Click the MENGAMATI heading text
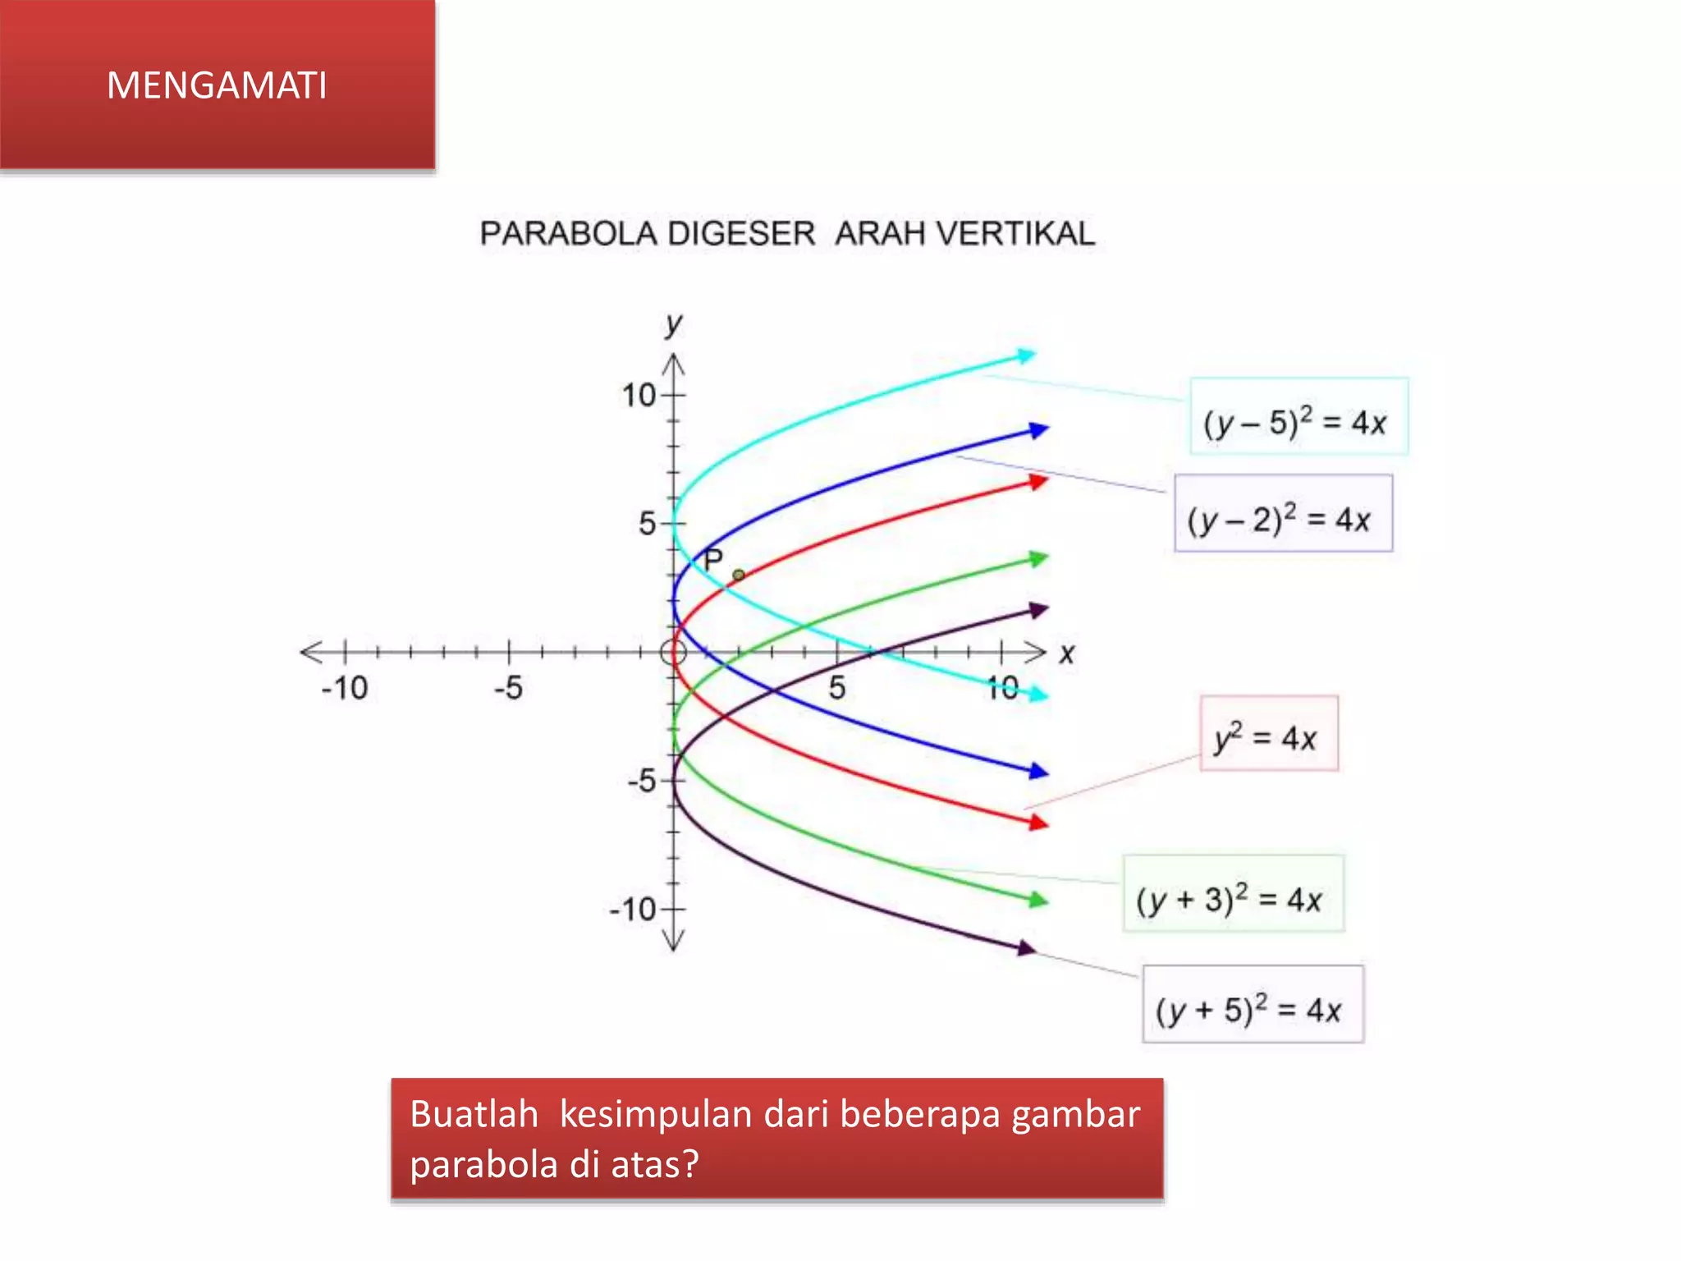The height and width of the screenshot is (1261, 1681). pyautogui.click(x=217, y=85)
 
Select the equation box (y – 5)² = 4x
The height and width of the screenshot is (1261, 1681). pyautogui.click(x=1298, y=416)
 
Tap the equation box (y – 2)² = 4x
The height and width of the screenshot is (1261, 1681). pyautogui.click(x=1282, y=513)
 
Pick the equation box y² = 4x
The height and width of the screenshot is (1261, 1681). pyautogui.click(x=1268, y=733)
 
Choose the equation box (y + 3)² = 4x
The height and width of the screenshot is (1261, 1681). pyautogui.click(x=1233, y=893)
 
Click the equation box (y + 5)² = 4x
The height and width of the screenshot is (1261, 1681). pyautogui.click(x=1253, y=1004)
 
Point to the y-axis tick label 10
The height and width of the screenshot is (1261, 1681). pyautogui.click(x=639, y=396)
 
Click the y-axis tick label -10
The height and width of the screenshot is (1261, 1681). pyautogui.click(x=632, y=910)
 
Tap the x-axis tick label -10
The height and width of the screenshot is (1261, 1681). pyautogui.click(x=344, y=688)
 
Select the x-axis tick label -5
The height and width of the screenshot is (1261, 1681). pyautogui.click(x=508, y=688)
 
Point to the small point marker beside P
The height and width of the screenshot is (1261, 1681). pyautogui.click(x=738, y=575)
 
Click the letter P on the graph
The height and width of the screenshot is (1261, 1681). pyautogui.click(x=713, y=561)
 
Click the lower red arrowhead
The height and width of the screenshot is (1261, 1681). pyautogui.click(x=1038, y=822)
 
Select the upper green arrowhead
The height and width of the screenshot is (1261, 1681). pyautogui.click(x=1038, y=559)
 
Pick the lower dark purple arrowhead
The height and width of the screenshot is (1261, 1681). pyautogui.click(x=1026, y=948)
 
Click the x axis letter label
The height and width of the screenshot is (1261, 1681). pyautogui.click(x=1066, y=654)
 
